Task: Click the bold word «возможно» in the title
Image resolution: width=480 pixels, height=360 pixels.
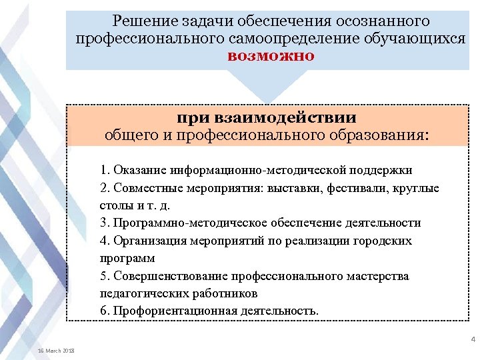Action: click(271, 55)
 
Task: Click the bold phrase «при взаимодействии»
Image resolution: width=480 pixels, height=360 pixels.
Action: click(267, 118)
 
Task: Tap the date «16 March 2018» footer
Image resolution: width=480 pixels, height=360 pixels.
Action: click(56, 351)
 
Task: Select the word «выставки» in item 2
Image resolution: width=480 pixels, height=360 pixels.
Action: click(297, 188)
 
